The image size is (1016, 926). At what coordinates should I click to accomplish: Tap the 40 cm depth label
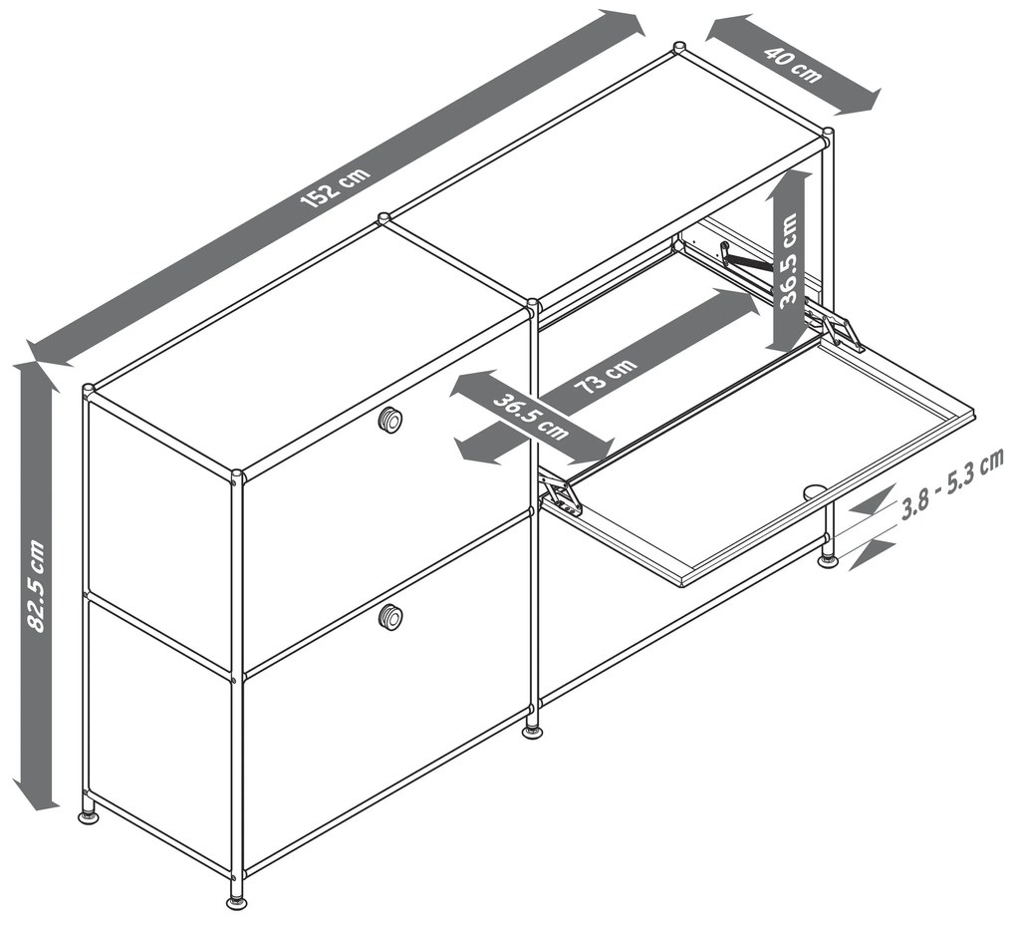793,64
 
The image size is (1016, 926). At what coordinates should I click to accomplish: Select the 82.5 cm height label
36,585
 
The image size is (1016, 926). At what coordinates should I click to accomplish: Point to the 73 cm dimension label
606,377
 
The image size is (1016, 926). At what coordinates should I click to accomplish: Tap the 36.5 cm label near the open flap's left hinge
531,417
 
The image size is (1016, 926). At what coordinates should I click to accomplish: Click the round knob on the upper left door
390,420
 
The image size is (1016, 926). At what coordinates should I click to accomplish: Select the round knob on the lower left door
390,615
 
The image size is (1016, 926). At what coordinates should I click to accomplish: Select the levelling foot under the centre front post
532,733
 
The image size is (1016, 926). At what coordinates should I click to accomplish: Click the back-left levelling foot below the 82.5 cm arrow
90,816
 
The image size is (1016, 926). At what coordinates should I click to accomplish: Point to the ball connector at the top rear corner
678,47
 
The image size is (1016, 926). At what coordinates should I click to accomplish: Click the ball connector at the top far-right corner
828,132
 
